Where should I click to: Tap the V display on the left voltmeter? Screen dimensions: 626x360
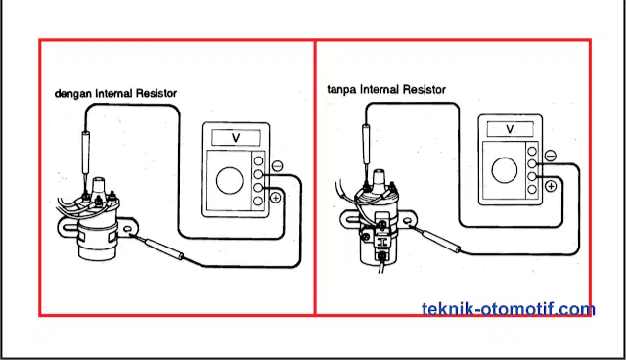(x=236, y=138)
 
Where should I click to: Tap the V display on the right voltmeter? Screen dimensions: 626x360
(x=510, y=129)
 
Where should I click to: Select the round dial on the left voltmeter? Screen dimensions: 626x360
(x=230, y=180)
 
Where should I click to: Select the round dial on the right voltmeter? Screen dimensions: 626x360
(x=505, y=170)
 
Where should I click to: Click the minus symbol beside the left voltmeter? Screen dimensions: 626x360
(x=277, y=165)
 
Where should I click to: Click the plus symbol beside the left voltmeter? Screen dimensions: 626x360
(x=276, y=197)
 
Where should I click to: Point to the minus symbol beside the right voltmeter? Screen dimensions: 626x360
(x=550, y=156)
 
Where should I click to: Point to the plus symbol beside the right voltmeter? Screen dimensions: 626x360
(x=551, y=186)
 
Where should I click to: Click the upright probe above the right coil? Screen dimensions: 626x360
(x=365, y=152)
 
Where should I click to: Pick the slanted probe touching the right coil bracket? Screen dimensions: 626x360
(x=435, y=239)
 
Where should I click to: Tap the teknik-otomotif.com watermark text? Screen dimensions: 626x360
(x=509, y=309)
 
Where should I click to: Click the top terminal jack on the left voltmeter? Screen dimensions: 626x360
(x=258, y=160)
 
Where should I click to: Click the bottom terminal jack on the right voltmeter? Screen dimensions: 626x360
(x=532, y=189)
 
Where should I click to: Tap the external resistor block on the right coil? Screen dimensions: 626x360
(x=382, y=242)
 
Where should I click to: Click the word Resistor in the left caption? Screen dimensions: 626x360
(x=156, y=94)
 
